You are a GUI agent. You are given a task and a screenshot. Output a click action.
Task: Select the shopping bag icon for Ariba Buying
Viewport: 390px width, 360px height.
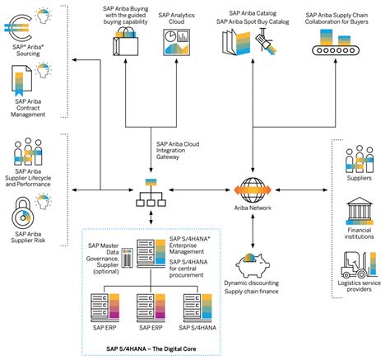point(129,41)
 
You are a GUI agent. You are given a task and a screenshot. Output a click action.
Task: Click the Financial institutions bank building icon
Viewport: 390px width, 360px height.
point(360,213)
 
